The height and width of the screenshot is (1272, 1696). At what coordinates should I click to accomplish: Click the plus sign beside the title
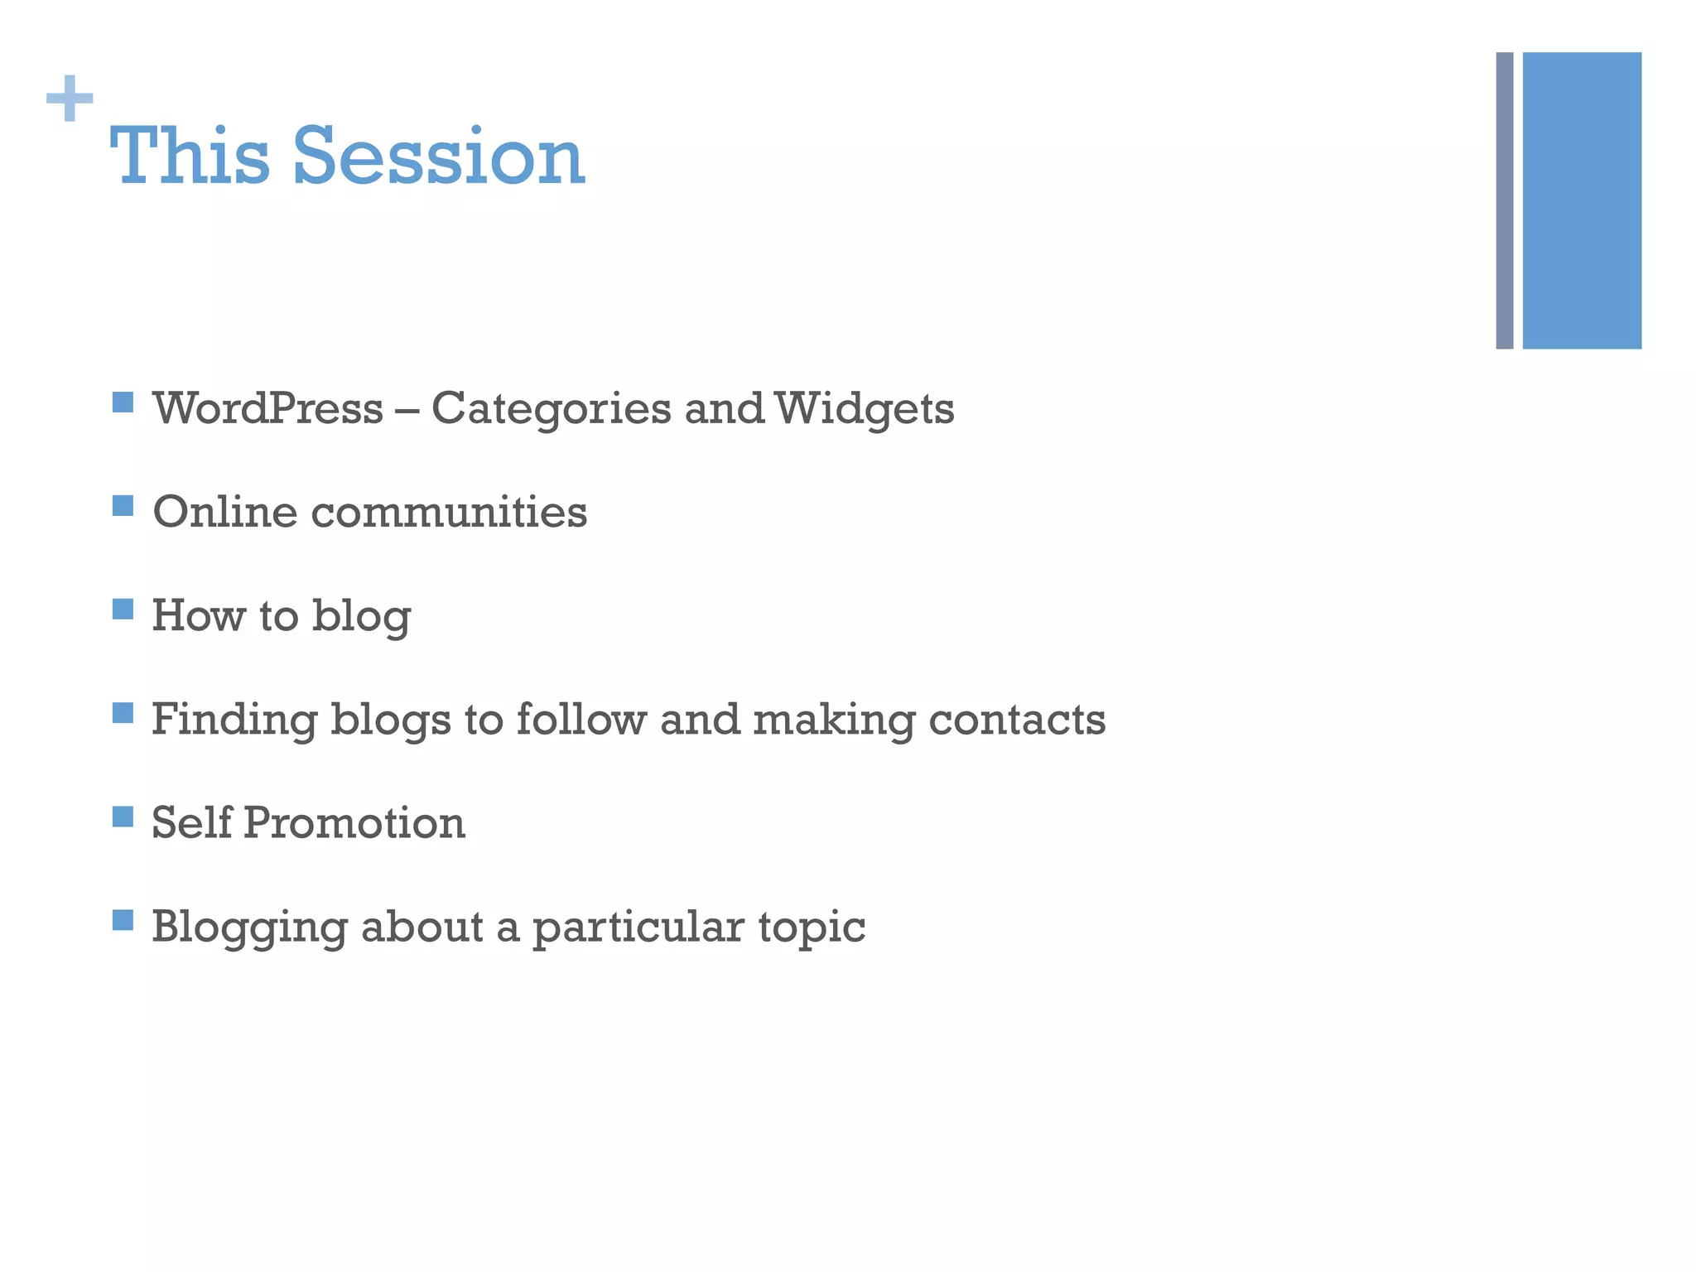[70, 99]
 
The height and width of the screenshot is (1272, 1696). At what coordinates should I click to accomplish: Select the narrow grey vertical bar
[1504, 200]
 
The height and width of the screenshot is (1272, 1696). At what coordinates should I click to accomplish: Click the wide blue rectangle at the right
[1581, 200]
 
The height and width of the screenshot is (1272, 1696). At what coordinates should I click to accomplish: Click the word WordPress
[267, 408]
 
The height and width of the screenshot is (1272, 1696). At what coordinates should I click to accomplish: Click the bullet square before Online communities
[123, 506]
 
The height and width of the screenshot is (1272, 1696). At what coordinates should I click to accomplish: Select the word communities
[449, 512]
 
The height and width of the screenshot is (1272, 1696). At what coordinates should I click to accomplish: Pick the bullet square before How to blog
[123, 609]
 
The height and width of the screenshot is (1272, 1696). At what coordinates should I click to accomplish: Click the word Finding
[234, 720]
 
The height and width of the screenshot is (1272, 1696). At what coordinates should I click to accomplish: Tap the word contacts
[1017, 719]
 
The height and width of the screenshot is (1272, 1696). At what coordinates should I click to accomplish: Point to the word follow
[581, 719]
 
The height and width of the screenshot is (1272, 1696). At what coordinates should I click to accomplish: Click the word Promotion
[354, 823]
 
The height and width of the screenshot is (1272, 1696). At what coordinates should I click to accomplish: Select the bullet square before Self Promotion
[123, 817]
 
